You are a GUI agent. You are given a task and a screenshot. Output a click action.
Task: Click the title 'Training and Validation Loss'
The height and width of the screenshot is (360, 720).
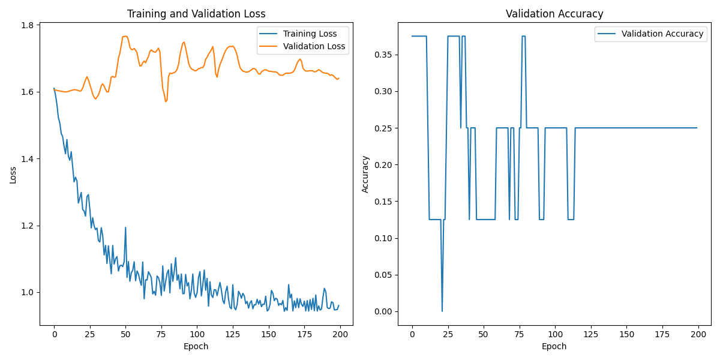tap(196, 14)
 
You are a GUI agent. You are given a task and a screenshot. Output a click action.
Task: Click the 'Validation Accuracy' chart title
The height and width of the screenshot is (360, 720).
tap(554, 14)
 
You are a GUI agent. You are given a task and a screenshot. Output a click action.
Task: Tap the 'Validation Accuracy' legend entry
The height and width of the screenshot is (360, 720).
tap(662, 34)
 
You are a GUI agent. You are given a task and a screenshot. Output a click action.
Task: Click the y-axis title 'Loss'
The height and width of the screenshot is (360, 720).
tap(13, 175)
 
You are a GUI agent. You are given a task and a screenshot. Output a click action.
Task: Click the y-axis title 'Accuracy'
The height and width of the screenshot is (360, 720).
tap(365, 175)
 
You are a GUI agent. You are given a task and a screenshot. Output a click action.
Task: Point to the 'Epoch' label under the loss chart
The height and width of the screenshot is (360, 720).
tap(196, 346)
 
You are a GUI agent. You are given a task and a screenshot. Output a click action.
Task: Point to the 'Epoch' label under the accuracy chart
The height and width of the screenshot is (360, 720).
tap(554, 346)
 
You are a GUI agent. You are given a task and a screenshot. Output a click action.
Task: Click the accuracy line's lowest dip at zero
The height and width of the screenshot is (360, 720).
tap(442, 311)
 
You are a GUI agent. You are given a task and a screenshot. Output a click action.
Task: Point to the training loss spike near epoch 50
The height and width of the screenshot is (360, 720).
tap(125, 227)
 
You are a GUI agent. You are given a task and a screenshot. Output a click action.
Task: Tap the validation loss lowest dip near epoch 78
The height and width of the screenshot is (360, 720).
tap(166, 101)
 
